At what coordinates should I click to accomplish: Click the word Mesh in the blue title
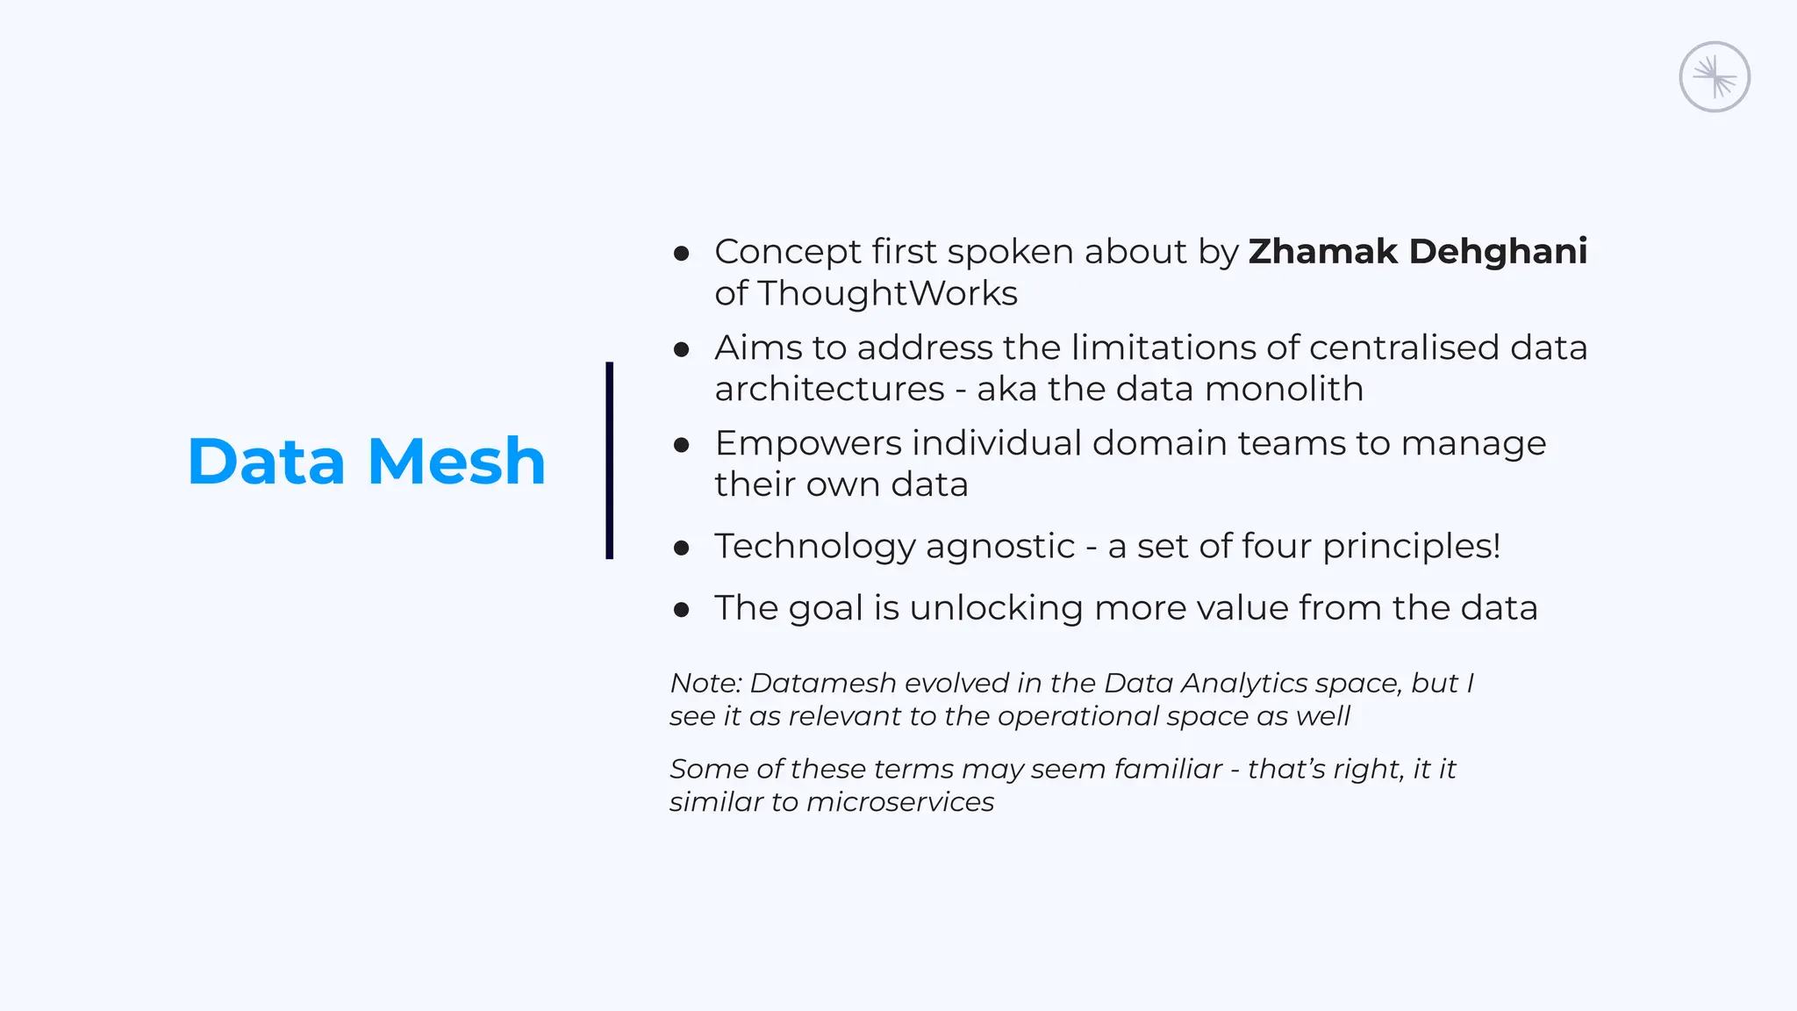tap(456, 462)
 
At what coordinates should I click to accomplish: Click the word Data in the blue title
tap(266, 462)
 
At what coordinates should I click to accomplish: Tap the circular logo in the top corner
tap(1714, 77)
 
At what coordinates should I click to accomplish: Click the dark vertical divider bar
tap(609, 460)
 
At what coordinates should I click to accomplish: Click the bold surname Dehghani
tap(1498, 251)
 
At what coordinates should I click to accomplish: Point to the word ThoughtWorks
tap(887, 293)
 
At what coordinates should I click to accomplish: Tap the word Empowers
tap(807, 443)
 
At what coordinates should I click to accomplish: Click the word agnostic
tap(999, 546)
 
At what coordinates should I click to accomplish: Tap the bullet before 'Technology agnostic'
tap(682, 549)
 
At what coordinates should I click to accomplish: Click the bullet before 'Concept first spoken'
tap(682, 254)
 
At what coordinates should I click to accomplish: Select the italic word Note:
tap(705, 683)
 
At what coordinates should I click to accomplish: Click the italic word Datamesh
tap(822, 683)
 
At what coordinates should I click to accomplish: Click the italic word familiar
tap(1167, 769)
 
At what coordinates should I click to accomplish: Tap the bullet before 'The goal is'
tap(682, 610)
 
